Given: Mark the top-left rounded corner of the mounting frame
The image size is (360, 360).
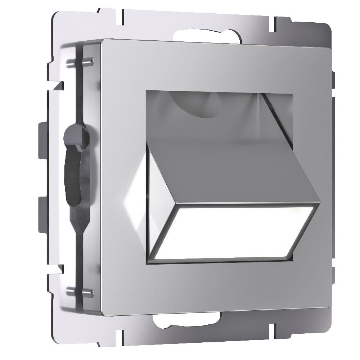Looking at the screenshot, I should point(56,16).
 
